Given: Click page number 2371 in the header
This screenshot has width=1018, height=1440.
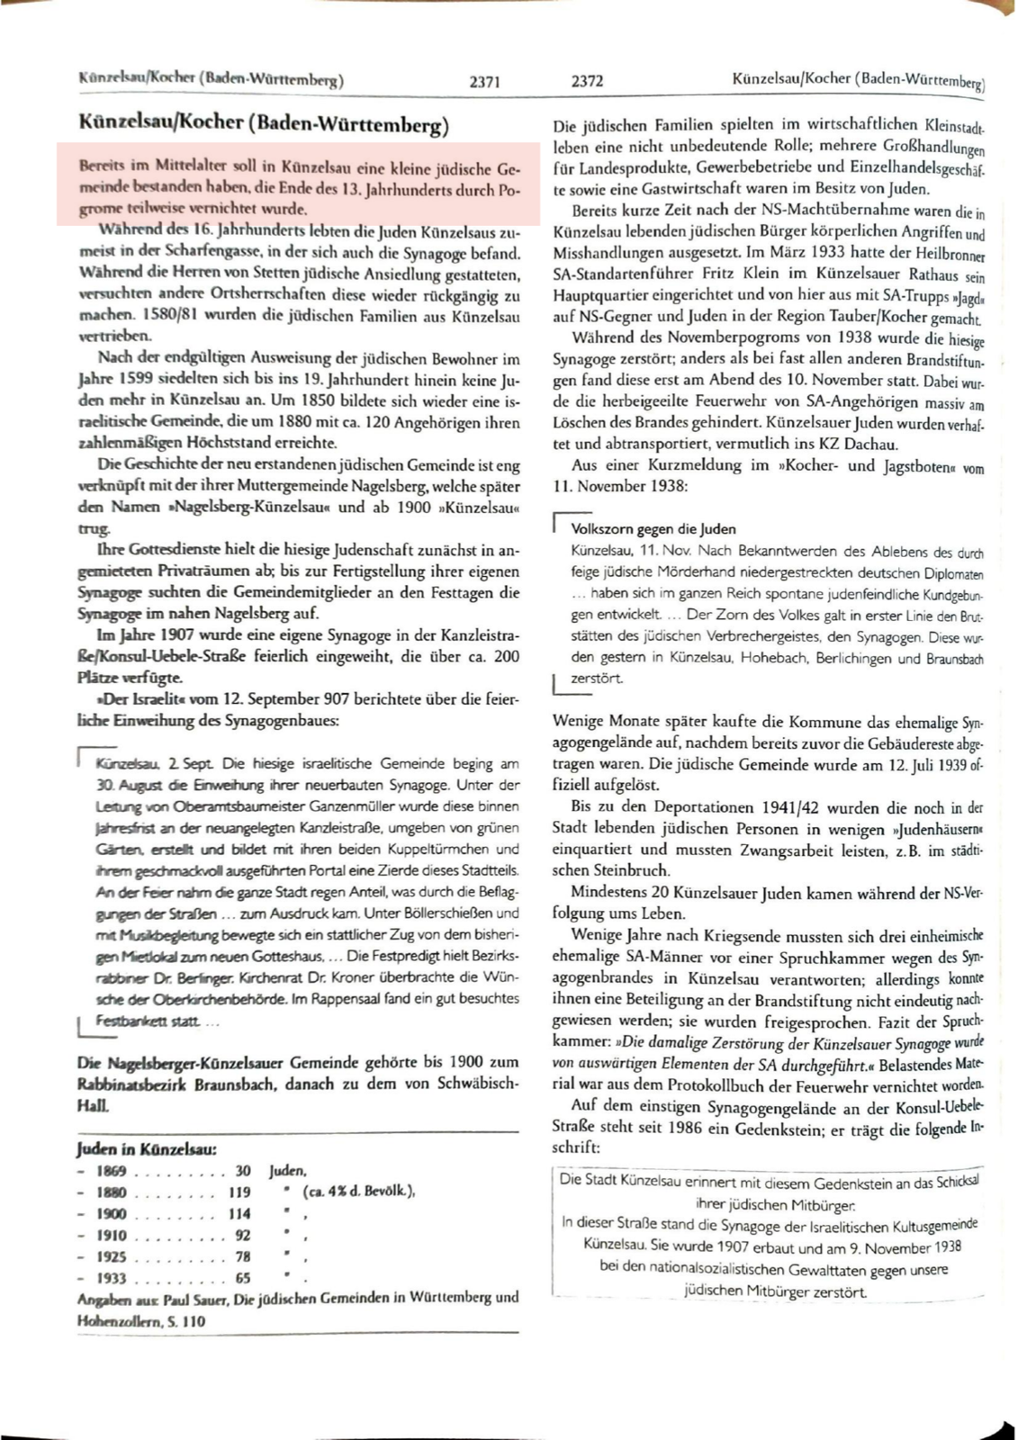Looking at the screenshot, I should (x=484, y=82).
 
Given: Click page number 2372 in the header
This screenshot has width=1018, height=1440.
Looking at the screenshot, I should (x=587, y=81).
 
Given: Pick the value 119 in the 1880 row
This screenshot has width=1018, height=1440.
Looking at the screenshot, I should (x=239, y=1192).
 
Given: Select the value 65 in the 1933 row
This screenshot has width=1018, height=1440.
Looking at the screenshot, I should (x=242, y=1278).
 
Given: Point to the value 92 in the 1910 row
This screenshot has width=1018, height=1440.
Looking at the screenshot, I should (x=242, y=1236).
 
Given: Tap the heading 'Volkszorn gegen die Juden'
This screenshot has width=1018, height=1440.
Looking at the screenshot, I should (x=653, y=529).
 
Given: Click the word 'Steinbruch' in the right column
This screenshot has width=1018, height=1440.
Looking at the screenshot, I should (x=631, y=870).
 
